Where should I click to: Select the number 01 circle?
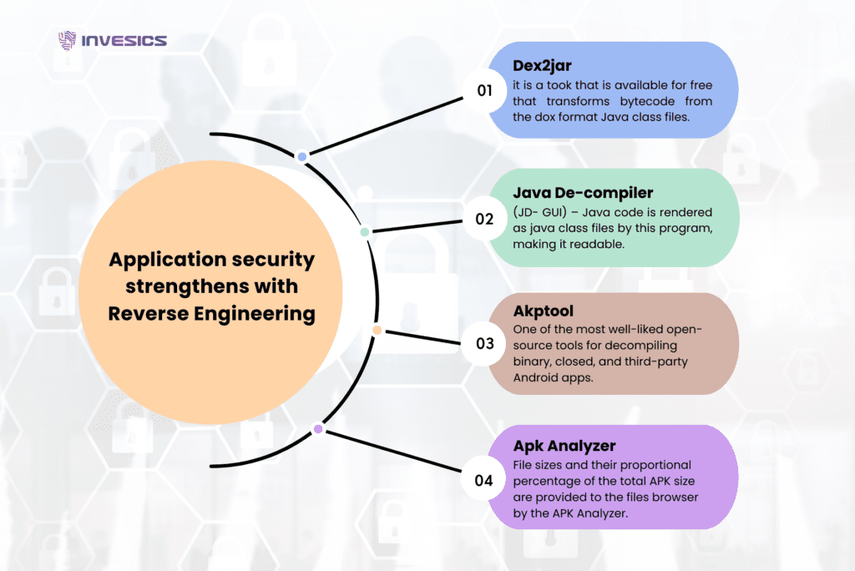pos(485,90)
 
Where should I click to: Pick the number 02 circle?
pos(485,220)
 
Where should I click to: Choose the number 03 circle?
pos(485,343)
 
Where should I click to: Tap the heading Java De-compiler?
pos(583,193)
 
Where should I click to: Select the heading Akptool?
pos(544,311)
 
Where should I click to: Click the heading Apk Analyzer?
pos(565,445)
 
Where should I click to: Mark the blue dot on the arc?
pos(302,156)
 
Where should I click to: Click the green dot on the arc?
pos(364,231)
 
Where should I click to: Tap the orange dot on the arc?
pos(377,331)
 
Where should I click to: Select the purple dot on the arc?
pos(317,429)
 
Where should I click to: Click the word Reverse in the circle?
pos(149,314)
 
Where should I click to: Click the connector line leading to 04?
pos(392,454)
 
